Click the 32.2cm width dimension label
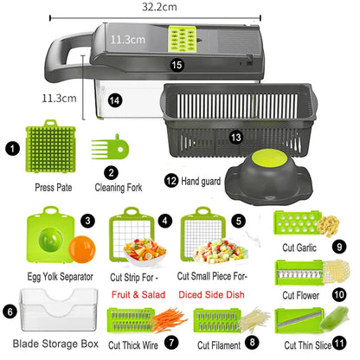(159, 7)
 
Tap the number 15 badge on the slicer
(177, 65)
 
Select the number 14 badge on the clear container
(115, 100)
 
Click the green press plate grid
(51, 146)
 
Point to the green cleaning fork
(111, 147)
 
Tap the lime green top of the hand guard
(269, 158)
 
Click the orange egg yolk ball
(82, 249)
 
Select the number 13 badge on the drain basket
(236, 138)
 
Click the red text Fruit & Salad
(138, 295)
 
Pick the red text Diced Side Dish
(211, 295)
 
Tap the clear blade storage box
(59, 310)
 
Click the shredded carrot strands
(169, 319)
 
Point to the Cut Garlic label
(299, 247)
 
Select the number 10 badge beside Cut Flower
(339, 294)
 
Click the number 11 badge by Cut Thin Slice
(339, 344)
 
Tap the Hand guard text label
(201, 181)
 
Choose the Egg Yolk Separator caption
(60, 277)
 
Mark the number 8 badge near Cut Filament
(252, 343)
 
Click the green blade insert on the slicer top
(183, 39)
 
